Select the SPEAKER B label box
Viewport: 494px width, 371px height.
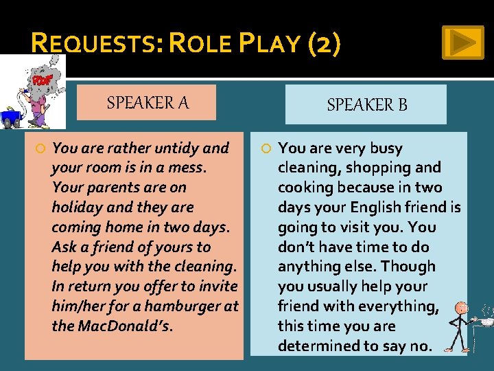click(x=366, y=104)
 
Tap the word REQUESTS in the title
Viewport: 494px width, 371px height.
click(x=95, y=45)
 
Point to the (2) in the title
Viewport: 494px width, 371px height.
click(x=324, y=45)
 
